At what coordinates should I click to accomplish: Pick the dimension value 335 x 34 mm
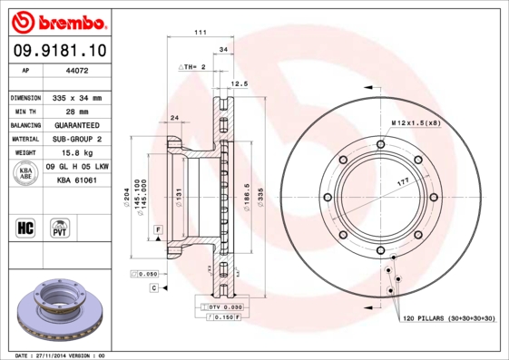tap(76, 97)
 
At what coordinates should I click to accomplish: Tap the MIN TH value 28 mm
tap(73, 111)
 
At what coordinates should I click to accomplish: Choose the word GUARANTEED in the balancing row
tap(76, 125)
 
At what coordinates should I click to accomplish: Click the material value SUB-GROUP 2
tap(76, 139)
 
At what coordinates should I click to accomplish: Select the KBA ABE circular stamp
tap(26, 172)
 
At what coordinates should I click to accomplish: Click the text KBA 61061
tap(76, 181)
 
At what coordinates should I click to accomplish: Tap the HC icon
tap(26, 227)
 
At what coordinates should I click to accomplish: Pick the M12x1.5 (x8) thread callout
tap(416, 122)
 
